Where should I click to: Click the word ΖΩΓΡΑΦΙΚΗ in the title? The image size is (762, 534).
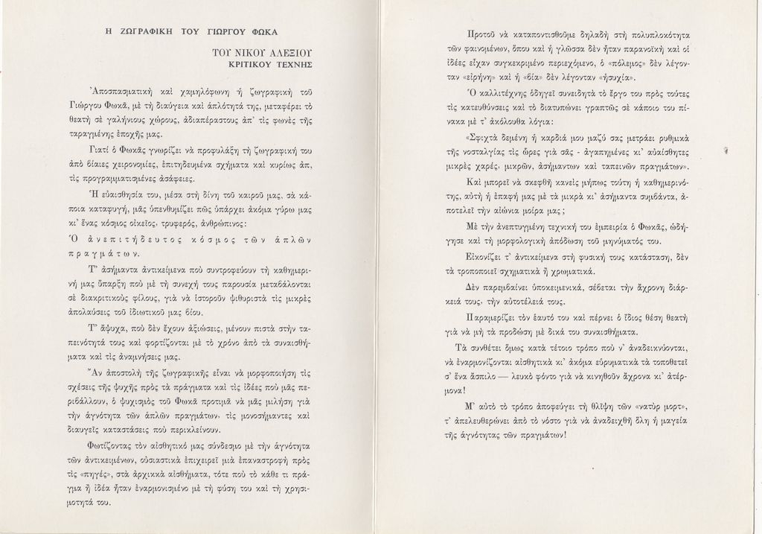tap(144, 32)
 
